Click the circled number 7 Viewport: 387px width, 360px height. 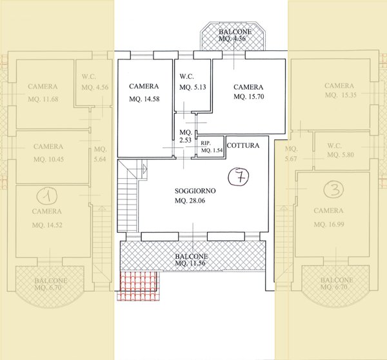pos(239,176)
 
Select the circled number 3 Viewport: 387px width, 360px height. pos(333,190)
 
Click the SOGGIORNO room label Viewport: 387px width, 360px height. pos(195,190)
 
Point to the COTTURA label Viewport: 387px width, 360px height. pos(243,145)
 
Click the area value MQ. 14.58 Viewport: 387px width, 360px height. pos(144,99)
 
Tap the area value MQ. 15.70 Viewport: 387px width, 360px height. pos(249,96)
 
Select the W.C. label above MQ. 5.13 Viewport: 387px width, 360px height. pos(186,77)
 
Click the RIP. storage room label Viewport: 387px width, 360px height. pos(206,143)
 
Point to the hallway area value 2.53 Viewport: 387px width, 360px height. pos(185,140)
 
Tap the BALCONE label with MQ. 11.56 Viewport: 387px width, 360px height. pos(192,256)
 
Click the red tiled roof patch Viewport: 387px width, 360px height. pos(138,286)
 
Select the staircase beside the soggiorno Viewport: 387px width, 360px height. pos(128,195)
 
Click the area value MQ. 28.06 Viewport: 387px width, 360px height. pos(190,201)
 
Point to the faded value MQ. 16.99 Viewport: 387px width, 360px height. pos(329,225)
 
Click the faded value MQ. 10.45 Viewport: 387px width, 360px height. pos(48,159)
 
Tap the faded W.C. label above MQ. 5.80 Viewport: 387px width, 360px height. pos(334,146)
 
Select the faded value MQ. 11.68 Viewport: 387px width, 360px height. pos(43,99)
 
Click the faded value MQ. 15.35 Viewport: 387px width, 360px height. pos(341,95)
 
